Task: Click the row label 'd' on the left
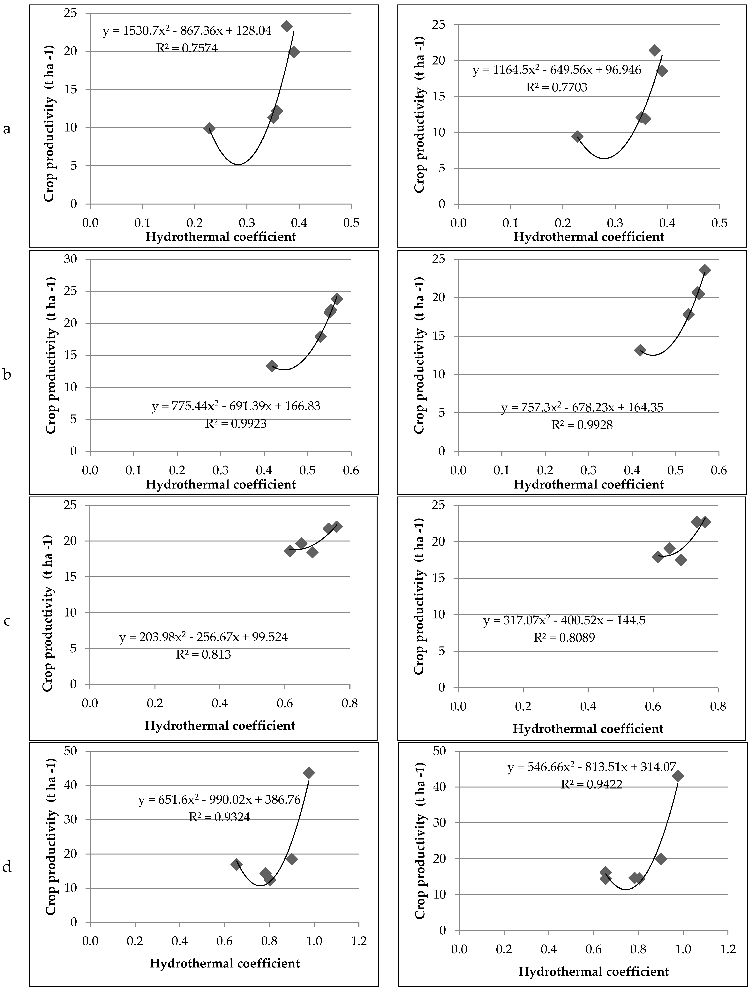pos(7,867)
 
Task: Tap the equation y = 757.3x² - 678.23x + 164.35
pos(582,408)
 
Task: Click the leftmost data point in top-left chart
pos(209,128)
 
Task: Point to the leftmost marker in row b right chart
pos(640,350)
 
